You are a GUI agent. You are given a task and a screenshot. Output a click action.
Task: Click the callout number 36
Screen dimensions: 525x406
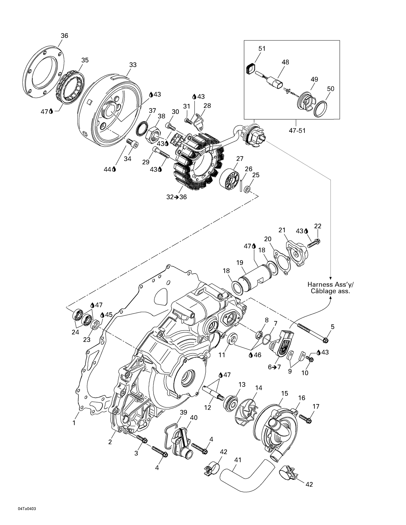point(64,36)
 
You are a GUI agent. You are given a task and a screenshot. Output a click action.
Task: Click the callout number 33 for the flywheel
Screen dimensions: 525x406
point(133,65)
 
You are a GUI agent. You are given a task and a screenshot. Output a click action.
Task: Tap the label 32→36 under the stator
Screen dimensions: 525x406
point(176,197)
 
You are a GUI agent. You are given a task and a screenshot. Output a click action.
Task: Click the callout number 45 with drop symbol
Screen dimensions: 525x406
point(108,315)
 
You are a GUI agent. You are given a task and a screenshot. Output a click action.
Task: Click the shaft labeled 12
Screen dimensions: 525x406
point(213,392)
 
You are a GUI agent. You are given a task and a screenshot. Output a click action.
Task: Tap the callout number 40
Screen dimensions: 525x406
point(194,418)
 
